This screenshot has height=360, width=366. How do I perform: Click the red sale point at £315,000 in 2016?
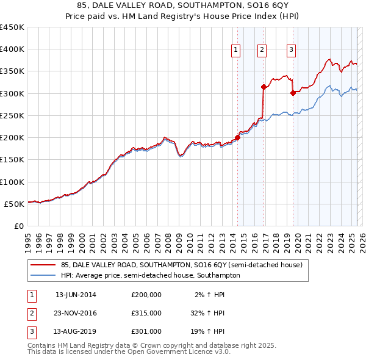264,87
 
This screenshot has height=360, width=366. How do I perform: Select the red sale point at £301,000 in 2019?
293,93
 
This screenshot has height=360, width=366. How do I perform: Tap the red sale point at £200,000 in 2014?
237,137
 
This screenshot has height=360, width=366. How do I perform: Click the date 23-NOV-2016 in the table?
76,313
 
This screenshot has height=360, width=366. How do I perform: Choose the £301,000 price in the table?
146,331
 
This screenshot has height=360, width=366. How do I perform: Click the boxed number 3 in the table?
31,331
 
